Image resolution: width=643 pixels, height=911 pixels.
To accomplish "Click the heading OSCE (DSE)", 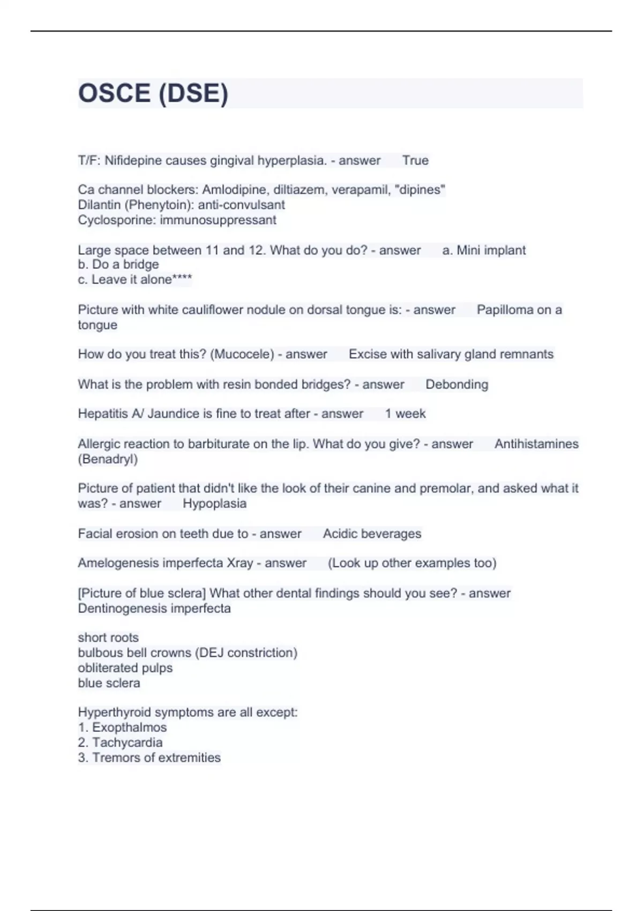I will (x=153, y=93).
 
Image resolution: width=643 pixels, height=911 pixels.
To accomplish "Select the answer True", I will (x=415, y=160).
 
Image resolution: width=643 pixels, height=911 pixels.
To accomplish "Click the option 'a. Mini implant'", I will (x=484, y=250).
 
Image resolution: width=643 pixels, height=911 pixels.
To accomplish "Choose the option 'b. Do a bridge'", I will (x=118, y=264).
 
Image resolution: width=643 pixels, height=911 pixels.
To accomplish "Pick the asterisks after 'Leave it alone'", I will (x=182, y=279).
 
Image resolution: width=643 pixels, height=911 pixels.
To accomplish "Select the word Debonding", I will (x=457, y=384).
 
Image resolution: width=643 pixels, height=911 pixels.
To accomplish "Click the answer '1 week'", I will (x=405, y=414).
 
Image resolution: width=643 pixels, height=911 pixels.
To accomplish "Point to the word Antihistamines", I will (x=536, y=444).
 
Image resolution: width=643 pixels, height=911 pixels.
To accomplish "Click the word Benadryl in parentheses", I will (x=108, y=459).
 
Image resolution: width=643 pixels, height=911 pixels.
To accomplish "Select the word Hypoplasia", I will (x=214, y=503).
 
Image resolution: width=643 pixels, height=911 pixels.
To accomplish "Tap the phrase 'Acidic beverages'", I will (x=372, y=534).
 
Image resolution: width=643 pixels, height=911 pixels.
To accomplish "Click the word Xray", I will (x=240, y=563).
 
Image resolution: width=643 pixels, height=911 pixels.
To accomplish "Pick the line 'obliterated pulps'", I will (x=125, y=668).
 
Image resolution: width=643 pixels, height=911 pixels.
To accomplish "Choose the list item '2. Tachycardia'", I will (x=120, y=742).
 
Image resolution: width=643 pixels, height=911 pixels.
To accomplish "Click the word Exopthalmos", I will (x=129, y=727).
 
